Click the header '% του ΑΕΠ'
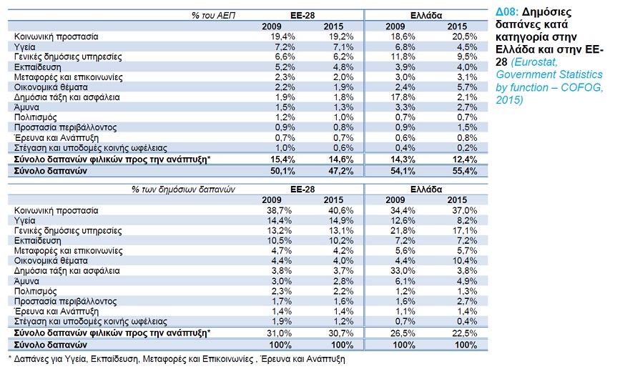(x=214, y=16)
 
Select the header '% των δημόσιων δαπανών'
(x=184, y=190)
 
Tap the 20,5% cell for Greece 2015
(x=465, y=36)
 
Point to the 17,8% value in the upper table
(x=403, y=97)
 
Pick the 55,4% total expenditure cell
(x=465, y=171)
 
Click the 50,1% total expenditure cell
(x=282, y=171)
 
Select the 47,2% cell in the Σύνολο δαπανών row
(x=341, y=171)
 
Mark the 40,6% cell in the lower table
(x=341, y=211)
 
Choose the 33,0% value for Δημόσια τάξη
(x=403, y=271)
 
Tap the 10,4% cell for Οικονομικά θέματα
(x=465, y=261)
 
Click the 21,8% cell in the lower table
(x=403, y=231)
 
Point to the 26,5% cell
(x=403, y=333)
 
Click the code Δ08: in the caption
(x=507, y=12)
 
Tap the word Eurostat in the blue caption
(x=534, y=62)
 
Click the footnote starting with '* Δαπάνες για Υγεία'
(x=177, y=359)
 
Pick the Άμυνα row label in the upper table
(x=26, y=107)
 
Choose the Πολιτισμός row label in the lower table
(x=36, y=292)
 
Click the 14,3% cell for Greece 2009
(x=403, y=159)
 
